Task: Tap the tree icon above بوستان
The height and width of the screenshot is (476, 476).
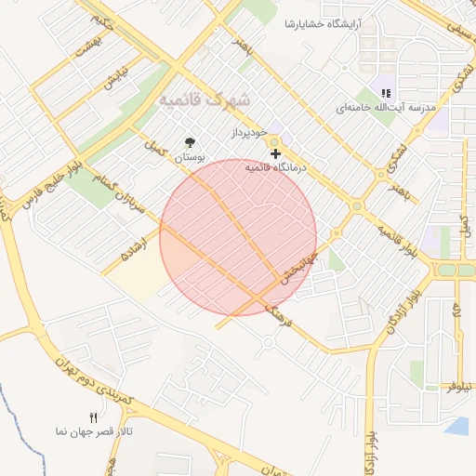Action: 191,142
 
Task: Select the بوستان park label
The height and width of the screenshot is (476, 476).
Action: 191,158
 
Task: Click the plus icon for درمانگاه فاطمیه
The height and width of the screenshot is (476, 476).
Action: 275,152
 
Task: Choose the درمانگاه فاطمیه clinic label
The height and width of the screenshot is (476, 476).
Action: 275,168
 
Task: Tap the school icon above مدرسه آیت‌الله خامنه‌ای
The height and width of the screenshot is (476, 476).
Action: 386,92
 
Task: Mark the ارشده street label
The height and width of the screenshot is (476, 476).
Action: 130,249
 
